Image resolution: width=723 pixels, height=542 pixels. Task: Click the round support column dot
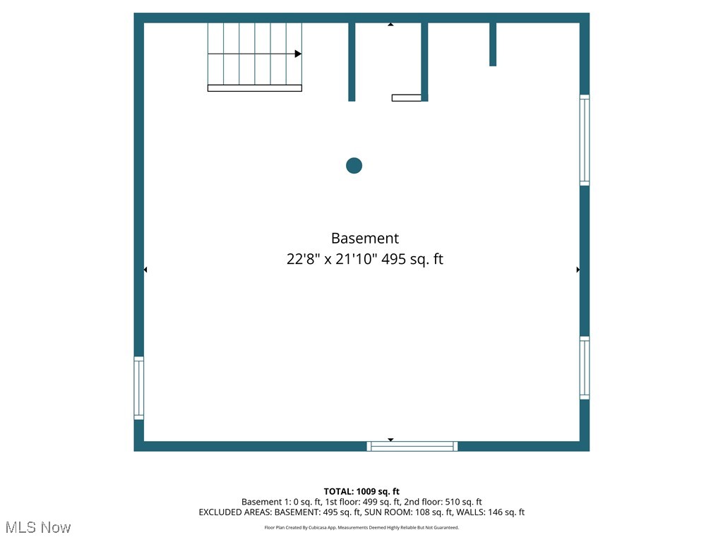coord(354,165)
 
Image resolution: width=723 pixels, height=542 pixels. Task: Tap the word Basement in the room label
coord(365,239)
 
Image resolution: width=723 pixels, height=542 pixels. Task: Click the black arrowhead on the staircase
coord(299,54)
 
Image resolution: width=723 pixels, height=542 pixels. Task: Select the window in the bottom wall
coord(412,446)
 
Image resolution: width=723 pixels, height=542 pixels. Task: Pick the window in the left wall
coord(139,388)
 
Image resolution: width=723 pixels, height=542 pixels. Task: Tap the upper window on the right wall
coord(584,140)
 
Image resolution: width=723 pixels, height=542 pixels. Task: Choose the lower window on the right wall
coord(584,368)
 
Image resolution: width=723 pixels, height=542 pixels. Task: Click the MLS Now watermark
coord(38,527)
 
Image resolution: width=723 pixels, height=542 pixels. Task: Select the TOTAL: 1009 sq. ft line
coord(361,491)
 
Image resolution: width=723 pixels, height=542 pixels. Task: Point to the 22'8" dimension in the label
coord(304,259)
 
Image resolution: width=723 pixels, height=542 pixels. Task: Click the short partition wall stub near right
coord(493,44)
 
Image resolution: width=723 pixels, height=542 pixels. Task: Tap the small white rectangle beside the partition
coord(407,97)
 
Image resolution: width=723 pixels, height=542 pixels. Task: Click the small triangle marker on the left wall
coord(145,270)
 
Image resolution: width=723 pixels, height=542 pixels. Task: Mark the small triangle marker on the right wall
coord(578,270)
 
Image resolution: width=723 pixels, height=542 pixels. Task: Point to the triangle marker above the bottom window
coord(390,440)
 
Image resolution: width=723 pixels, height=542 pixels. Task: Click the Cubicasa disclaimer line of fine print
coord(361,528)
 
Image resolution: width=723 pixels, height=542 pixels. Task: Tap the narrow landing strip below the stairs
coord(255,88)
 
